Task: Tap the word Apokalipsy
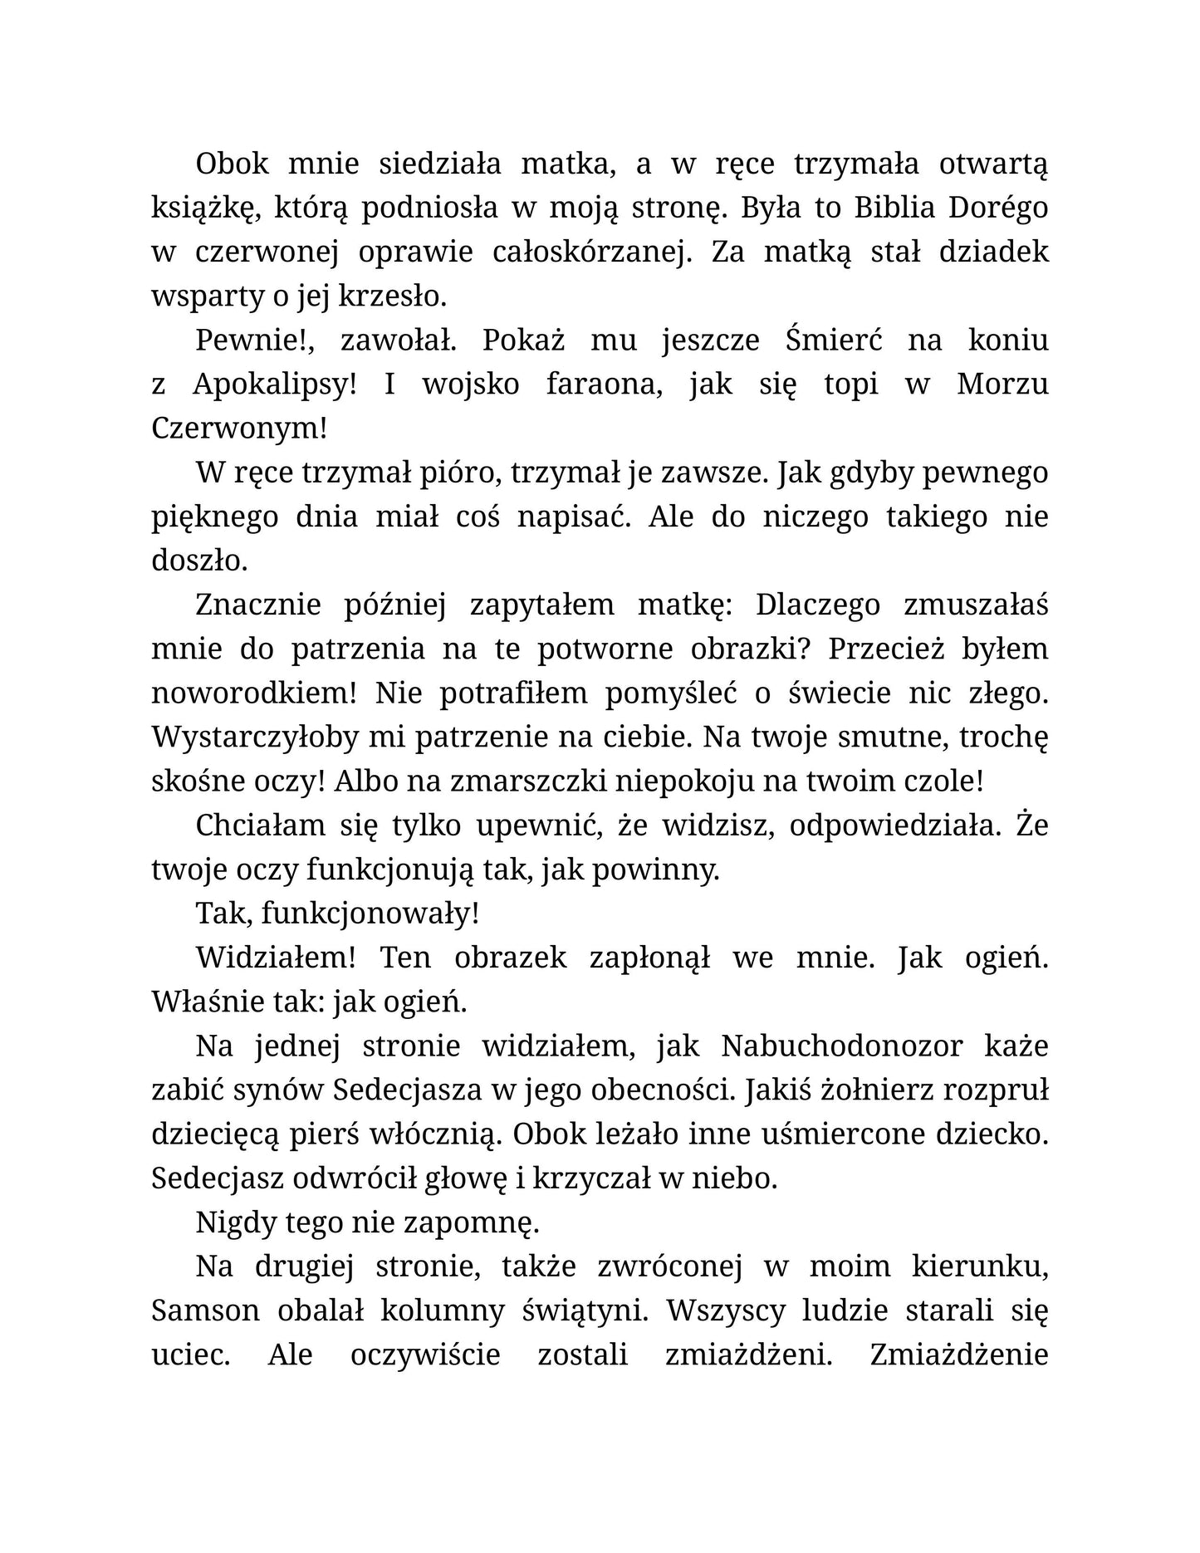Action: coord(274,385)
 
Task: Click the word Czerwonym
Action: coord(239,429)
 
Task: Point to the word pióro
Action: coord(455,473)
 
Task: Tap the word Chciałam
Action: coord(257,825)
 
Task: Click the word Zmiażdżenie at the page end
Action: coord(959,1354)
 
